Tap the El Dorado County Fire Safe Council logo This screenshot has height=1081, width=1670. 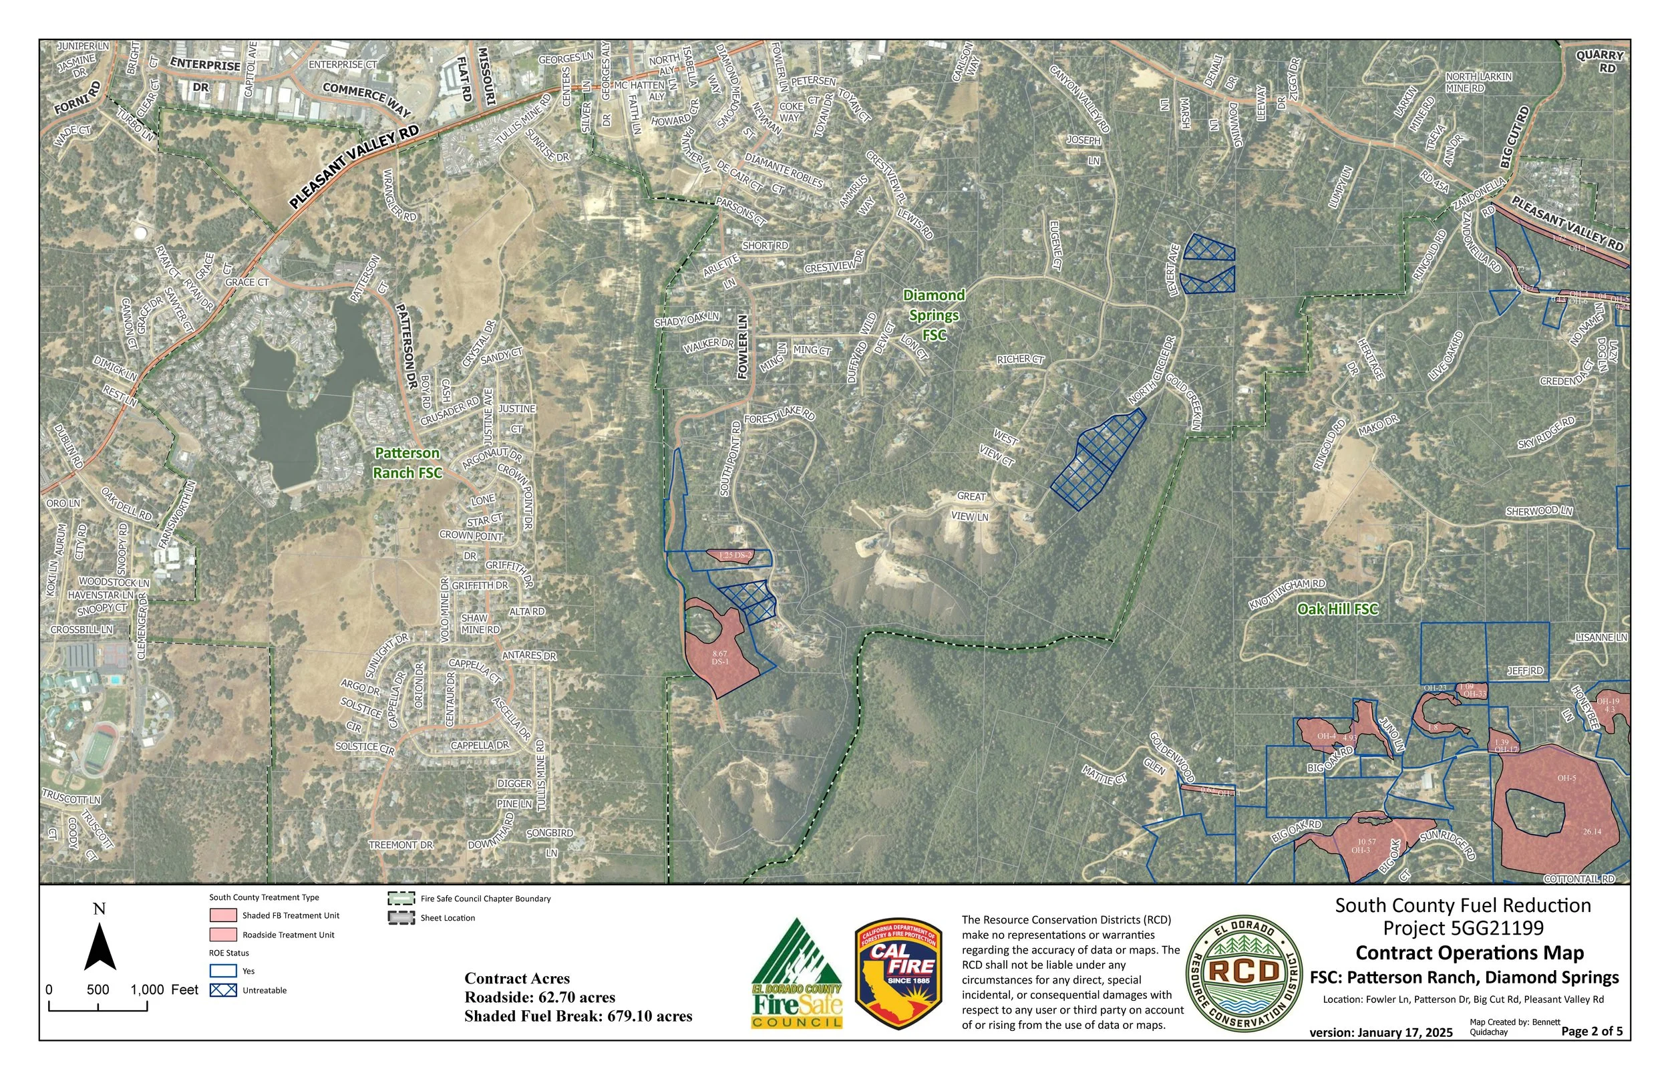[797, 973]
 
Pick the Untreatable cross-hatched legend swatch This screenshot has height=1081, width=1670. [223, 990]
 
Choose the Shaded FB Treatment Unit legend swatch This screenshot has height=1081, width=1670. [223, 915]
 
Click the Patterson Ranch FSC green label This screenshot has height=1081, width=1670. [407, 462]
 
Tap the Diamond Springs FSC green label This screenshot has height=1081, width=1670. [934, 315]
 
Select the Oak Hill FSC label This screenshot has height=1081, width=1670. [1337, 609]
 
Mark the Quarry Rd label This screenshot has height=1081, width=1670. [1605, 61]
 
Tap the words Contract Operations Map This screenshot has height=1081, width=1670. [1470, 953]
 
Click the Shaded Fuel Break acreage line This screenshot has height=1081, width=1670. [578, 1016]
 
